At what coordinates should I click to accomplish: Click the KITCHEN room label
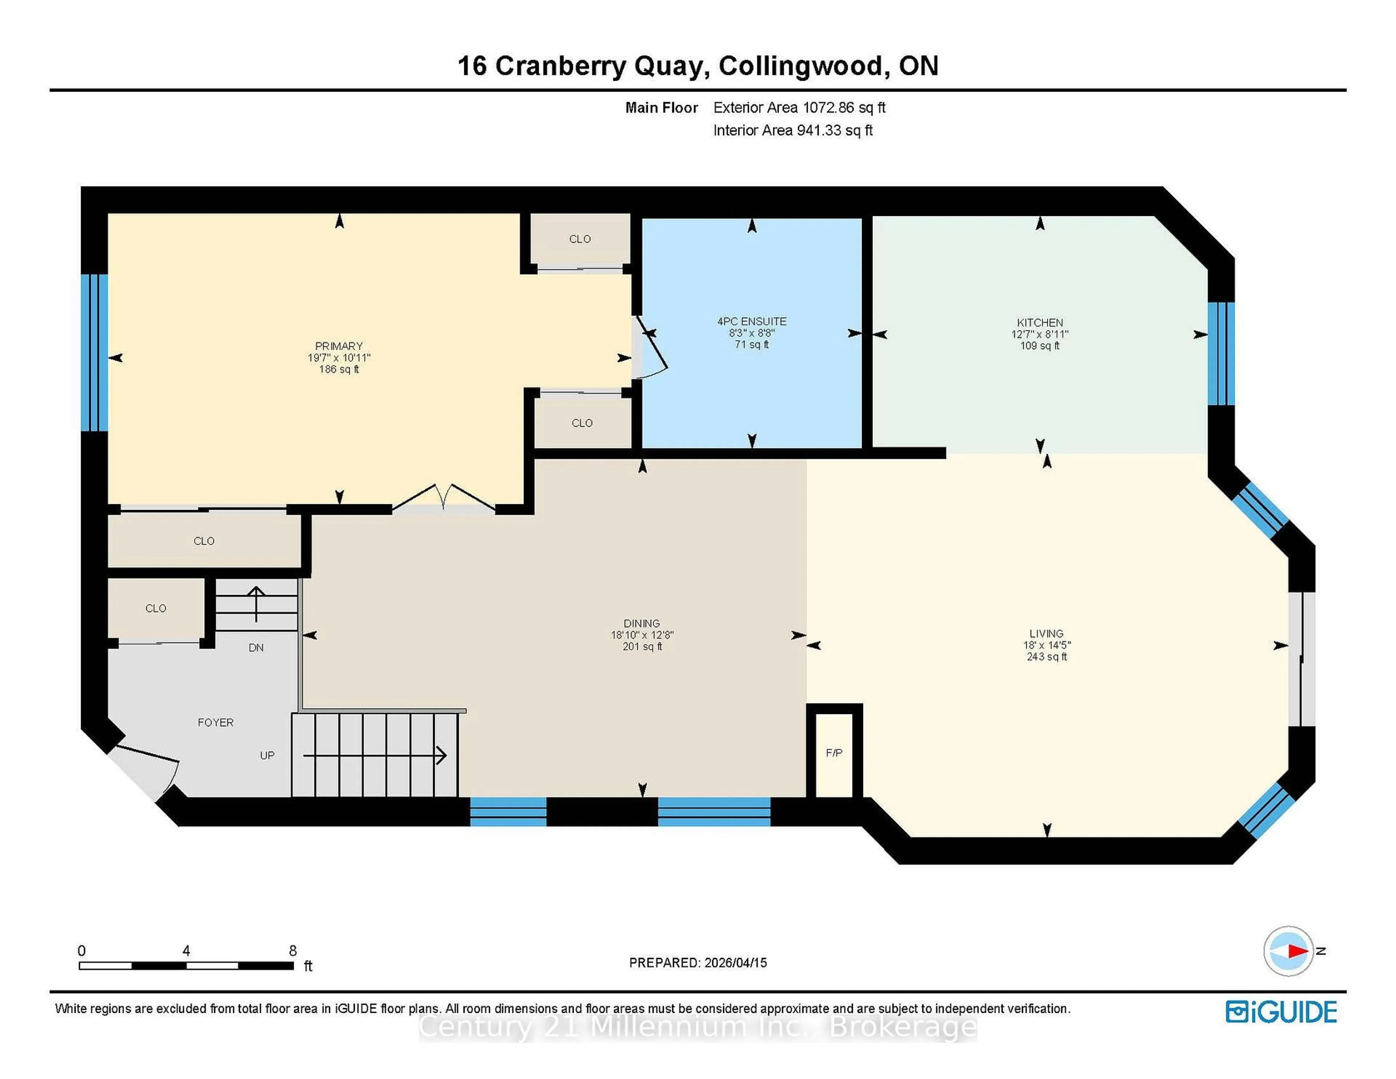pyautogui.click(x=1039, y=323)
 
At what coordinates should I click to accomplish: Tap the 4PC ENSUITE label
pyautogui.click(x=752, y=321)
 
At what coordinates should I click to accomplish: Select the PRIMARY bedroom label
pyautogui.click(x=339, y=346)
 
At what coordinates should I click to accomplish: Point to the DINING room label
pyautogui.click(x=642, y=623)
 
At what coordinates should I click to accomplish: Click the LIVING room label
pyautogui.click(x=1046, y=633)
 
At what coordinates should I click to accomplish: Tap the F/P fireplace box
pyautogui.click(x=834, y=753)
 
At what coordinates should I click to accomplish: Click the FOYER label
pyautogui.click(x=216, y=722)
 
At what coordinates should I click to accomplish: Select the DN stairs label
pyautogui.click(x=256, y=647)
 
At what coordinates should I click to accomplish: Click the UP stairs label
pyautogui.click(x=267, y=755)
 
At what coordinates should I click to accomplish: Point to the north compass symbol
pyautogui.click(x=1289, y=951)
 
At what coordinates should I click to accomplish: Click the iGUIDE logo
pyautogui.click(x=1281, y=1012)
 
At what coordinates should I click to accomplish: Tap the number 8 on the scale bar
pyautogui.click(x=293, y=951)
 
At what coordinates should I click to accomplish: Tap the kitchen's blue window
pyautogui.click(x=1221, y=353)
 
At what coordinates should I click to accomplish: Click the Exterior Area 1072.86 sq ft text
pyautogui.click(x=799, y=107)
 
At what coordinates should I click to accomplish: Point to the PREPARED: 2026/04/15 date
pyautogui.click(x=698, y=963)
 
